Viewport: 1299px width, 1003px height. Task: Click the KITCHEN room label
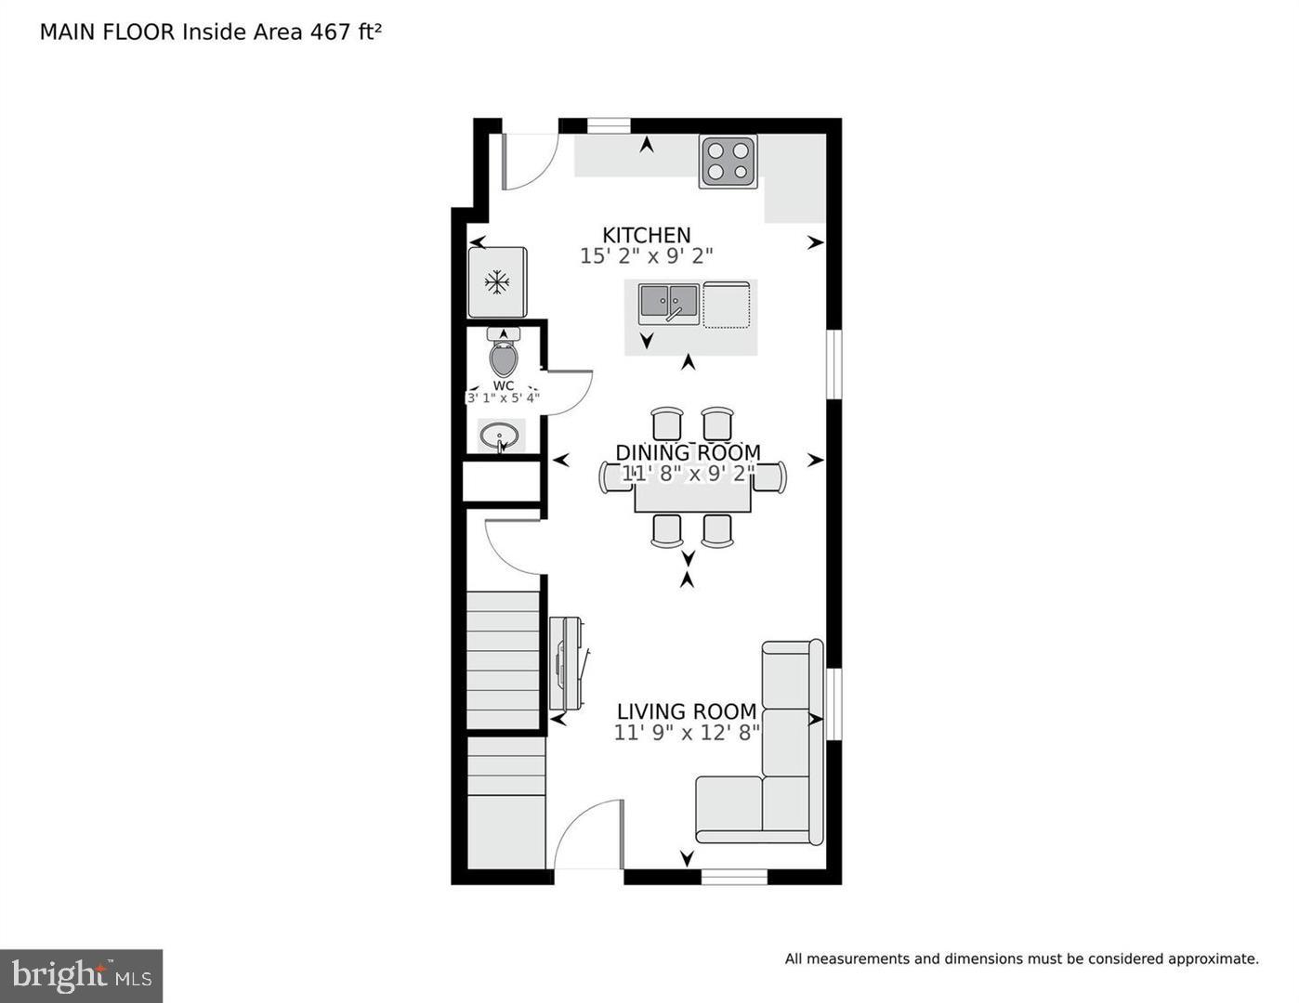646,235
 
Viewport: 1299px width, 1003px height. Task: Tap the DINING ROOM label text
688,452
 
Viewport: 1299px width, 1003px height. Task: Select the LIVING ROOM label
687,711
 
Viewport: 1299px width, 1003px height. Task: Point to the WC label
503,385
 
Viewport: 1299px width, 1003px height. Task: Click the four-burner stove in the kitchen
728,161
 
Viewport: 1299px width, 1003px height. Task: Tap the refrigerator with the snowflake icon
497,282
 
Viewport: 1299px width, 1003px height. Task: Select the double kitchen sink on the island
668,304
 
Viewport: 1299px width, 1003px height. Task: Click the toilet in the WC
503,354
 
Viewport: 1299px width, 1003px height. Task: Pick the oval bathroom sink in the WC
500,435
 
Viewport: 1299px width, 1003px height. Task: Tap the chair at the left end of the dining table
614,476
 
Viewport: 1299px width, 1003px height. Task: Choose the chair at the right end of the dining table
773,476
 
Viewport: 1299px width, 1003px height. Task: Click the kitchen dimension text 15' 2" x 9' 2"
646,256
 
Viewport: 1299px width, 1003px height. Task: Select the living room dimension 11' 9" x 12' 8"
687,733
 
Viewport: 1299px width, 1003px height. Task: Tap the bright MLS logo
82,975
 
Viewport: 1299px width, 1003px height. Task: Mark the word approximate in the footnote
1213,959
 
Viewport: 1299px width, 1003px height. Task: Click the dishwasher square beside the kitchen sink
727,305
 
